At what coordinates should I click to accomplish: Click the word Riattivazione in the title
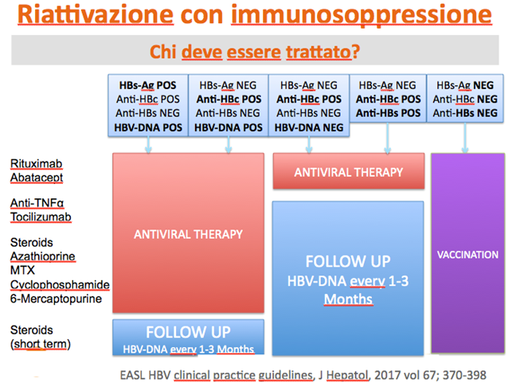[x=96, y=14]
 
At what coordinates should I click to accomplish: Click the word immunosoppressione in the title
[x=362, y=15]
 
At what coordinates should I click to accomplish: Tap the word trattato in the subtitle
[x=319, y=52]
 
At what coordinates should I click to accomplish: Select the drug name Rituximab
[x=37, y=163]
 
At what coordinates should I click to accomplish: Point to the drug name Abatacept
[x=37, y=178]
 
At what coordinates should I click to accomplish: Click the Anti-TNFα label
[x=37, y=203]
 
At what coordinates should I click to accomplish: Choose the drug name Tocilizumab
[x=41, y=217]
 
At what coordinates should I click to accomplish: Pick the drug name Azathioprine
[x=43, y=256]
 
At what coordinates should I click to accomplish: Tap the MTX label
[x=22, y=271]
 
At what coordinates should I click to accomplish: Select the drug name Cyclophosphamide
[x=60, y=285]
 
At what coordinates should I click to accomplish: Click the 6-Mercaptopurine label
[x=56, y=299]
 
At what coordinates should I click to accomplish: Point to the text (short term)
[x=41, y=344]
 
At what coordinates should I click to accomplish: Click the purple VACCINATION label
[x=467, y=255]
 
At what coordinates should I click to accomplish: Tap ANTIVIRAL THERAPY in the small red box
[x=349, y=173]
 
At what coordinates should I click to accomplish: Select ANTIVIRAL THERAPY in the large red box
[x=188, y=234]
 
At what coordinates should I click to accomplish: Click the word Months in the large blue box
[x=348, y=299]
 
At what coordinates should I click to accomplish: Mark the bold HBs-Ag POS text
[x=147, y=85]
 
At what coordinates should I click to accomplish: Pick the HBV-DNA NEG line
[x=309, y=127]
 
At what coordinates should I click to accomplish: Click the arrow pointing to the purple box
[x=465, y=138]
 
